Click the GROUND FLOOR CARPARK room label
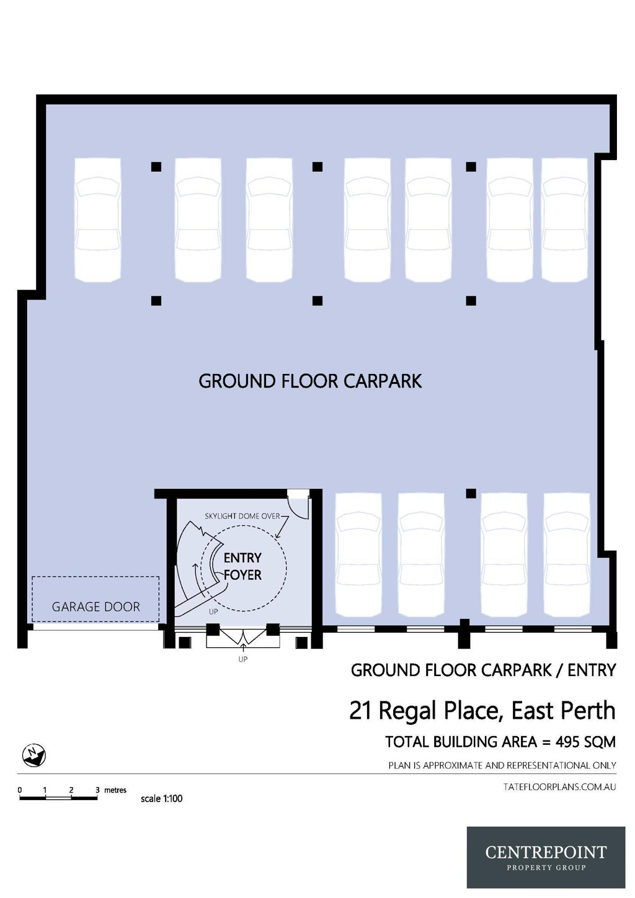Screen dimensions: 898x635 click(x=310, y=381)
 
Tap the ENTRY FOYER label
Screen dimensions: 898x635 click(x=242, y=566)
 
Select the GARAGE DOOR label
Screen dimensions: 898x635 click(x=95, y=607)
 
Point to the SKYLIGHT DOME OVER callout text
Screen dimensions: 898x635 click(x=242, y=516)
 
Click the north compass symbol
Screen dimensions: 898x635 click(x=34, y=755)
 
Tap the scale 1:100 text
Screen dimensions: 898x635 click(x=161, y=799)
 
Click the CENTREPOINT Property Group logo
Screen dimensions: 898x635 click(x=546, y=857)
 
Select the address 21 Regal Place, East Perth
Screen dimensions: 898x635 click(x=482, y=711)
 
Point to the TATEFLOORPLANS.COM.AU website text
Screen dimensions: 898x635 click(x=559, y=787)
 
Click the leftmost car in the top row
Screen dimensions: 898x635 click(x=97, y=220)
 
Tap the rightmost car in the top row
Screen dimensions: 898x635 click(x=564, y=220)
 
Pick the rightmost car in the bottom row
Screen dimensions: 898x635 click(x=567, y=554)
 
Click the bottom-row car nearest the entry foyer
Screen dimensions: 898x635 click(x=358, y=554)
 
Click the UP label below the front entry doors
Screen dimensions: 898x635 click(x=242, y=659)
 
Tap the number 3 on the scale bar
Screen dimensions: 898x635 click(x=97, y=790)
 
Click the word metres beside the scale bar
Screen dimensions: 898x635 click(x=115, y=790)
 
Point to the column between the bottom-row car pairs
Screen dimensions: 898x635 click(x=471, y=494)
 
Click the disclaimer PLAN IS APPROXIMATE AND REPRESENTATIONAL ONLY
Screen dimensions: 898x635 click(x=502, y=765)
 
